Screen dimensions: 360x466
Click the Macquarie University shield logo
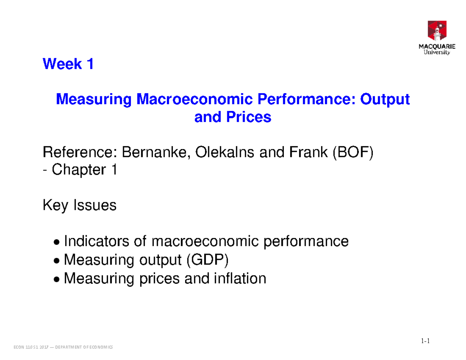pos(437,31)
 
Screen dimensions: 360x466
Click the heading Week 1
pos(68,64)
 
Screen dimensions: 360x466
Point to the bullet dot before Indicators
pos(57,243)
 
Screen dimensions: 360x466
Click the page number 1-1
pos(424,341)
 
